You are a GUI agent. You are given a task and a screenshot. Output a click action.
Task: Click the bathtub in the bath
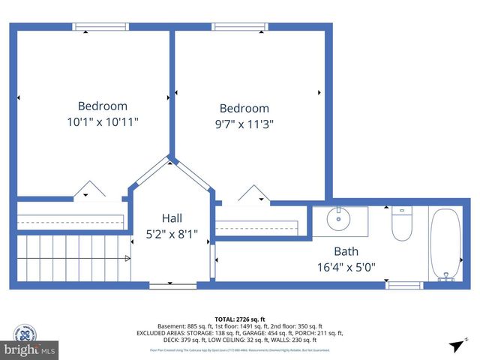[446, 244]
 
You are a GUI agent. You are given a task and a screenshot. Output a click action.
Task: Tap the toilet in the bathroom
[402, 223]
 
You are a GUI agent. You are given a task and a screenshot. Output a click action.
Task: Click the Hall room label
[172, 218]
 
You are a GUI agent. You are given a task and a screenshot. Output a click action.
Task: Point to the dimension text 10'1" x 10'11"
[103, 121]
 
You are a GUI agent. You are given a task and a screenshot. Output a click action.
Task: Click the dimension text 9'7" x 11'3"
[244, 124]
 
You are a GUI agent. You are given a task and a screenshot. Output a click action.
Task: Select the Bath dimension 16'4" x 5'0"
[346, 266]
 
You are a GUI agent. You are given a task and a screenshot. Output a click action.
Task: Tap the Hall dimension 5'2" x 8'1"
[172, 235]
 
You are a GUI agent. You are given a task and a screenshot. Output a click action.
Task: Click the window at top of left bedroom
[100, 27]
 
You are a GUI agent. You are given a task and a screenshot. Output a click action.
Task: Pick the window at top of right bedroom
[240, 27]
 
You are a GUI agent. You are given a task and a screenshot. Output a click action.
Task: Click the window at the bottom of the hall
[172, 285]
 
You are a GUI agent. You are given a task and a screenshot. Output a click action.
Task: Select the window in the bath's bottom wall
[404, 285]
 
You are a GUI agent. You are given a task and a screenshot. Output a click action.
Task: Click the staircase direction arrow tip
[128, 258]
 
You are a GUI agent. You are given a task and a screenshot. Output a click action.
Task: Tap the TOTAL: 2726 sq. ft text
[240, 318]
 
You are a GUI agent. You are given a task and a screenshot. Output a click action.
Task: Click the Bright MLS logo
[30, 349]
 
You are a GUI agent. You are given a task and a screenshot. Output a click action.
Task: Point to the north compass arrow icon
[455, 345]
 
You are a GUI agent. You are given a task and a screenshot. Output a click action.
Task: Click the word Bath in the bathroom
[346, 251]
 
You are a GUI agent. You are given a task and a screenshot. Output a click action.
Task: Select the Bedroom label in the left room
[103, 106]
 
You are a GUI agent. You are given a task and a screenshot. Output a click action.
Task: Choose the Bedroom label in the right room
[244, 109]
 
